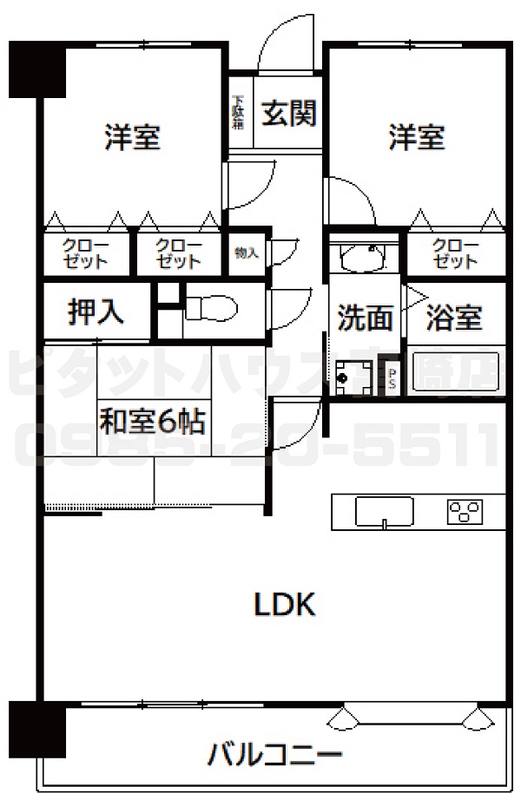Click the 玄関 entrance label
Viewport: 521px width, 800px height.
(288, 114)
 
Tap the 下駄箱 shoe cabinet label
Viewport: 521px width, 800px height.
(237, 113)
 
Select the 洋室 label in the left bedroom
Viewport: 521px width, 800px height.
(132, 137)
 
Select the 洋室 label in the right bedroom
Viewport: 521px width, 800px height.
(416, 137)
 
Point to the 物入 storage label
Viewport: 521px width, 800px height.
(246, 253)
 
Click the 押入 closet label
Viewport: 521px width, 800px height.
(96, 313)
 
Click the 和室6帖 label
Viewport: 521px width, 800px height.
(152, 422)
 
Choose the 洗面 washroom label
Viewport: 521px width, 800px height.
(365, 318)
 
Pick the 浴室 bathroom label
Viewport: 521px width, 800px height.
(453, 318)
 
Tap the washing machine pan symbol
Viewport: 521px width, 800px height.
(357, 376)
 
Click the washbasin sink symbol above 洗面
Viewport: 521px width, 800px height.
(364, 257)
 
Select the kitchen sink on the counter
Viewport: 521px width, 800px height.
(384, 511)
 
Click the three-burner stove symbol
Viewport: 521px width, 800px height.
(465, 512)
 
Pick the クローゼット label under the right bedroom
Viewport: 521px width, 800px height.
(455, 252)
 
